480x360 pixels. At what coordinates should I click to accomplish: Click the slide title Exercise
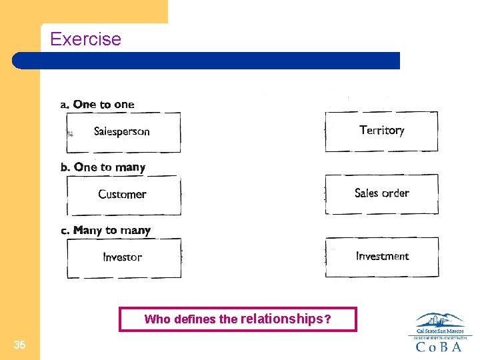point(85,39)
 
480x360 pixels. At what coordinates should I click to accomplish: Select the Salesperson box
point(123,132)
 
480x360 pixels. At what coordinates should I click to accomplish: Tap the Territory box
point(381,131)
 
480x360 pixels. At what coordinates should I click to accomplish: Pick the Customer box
point(123,195)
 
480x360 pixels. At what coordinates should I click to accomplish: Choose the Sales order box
point(381,194)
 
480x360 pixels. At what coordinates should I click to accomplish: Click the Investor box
point(123,257)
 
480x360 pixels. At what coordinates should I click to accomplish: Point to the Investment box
point(382,257)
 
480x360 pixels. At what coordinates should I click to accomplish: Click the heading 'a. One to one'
point(97,105)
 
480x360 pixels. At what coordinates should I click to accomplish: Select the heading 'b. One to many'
point(103,167)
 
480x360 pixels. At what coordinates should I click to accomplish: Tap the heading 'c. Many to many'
point(105,231)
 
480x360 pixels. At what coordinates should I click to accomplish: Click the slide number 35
point(20,345)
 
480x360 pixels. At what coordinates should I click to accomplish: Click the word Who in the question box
point(157,319)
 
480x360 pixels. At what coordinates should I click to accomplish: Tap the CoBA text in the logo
point(439,347)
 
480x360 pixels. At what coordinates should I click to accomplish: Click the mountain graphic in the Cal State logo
point(439,319)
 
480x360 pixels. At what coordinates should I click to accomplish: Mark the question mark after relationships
point(327,319)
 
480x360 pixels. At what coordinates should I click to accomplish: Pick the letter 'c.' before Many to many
point(65,231)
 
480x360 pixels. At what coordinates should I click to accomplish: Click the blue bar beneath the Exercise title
point(207,61)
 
